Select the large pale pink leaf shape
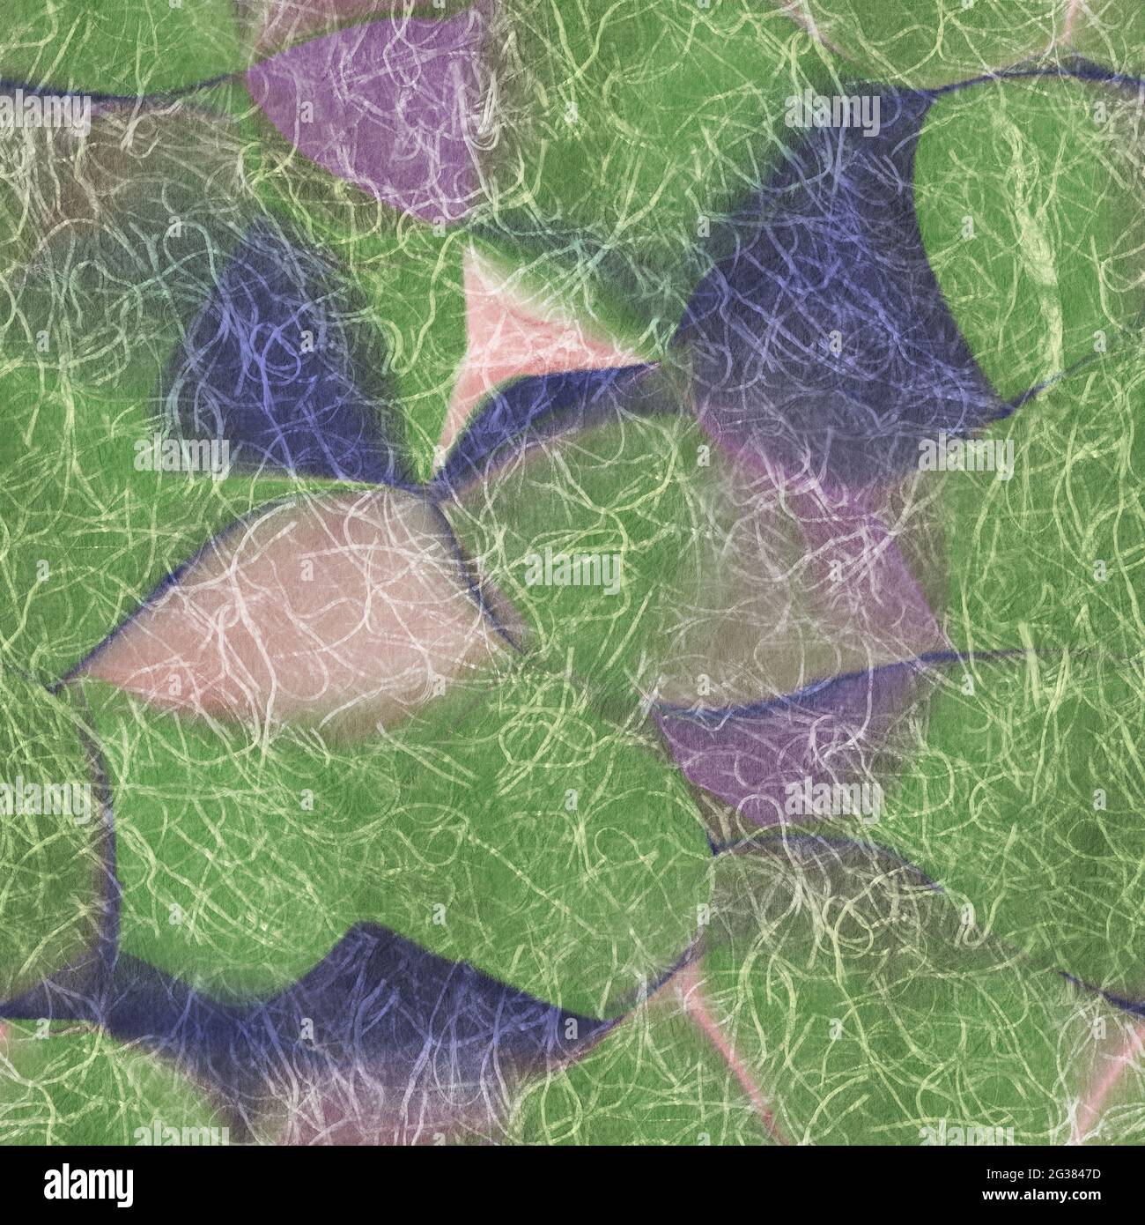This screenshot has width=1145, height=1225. pos(299,599)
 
